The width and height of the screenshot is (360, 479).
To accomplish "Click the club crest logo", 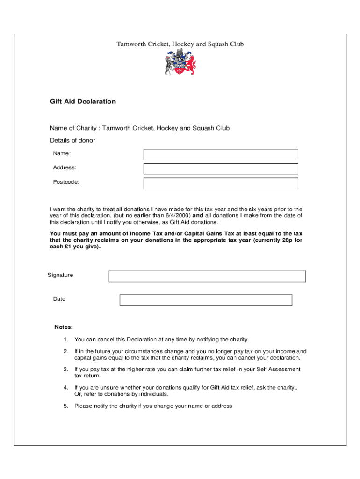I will pos(180,63).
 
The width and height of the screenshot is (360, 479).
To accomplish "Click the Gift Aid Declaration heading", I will pos(83,102).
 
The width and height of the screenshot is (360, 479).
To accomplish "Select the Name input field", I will pos(220,154).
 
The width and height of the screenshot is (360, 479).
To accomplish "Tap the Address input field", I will pos(220,169).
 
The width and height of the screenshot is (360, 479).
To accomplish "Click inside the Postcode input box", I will pos(220,183).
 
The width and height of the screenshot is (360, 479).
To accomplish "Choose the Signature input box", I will pos(207,276).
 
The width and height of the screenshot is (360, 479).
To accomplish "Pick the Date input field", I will pos(206,300).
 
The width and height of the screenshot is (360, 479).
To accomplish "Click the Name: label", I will pos(62,153).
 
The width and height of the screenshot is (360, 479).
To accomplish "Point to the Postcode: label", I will pos(66,182).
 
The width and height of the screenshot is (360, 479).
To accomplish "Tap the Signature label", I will pos(60,275).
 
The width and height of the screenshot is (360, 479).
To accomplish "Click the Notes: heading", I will pos(64,327).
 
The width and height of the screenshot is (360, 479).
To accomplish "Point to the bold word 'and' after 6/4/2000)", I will pos(198,216).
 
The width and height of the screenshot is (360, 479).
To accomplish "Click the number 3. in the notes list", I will pos(66,370).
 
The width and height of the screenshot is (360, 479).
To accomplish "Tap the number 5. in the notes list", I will pos(66,406).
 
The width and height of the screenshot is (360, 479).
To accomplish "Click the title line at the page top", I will pos(180,44).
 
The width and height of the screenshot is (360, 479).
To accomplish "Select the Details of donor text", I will pos(72,141).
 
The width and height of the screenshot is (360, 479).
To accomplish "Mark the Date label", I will pos(59,299).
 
